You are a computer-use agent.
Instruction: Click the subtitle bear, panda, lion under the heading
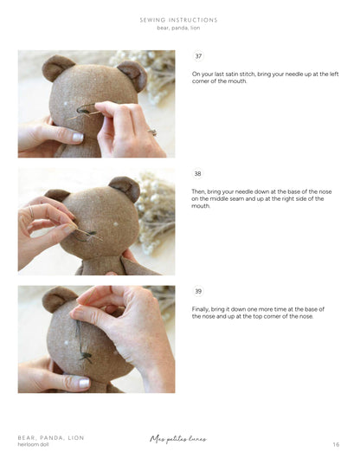[x=179, y=28]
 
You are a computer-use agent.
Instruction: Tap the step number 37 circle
[x=198, y=56]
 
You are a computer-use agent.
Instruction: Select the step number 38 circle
[x=198, y=173]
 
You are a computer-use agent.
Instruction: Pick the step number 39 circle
[x=198, y=291]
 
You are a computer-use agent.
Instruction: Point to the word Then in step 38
[x=199, y=191]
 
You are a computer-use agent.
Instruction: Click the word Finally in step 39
[x=202, y=309]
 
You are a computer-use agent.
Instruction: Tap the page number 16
[x=336, y=445]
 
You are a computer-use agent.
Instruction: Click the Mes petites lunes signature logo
[x=178, y=439]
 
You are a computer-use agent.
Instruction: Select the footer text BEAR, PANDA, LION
[x=51, y=438]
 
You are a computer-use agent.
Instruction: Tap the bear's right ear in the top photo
[x=132, y=72]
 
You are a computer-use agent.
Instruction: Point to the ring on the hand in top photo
[x=153, y=132]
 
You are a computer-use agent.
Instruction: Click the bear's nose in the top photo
[x=87, y=109]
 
